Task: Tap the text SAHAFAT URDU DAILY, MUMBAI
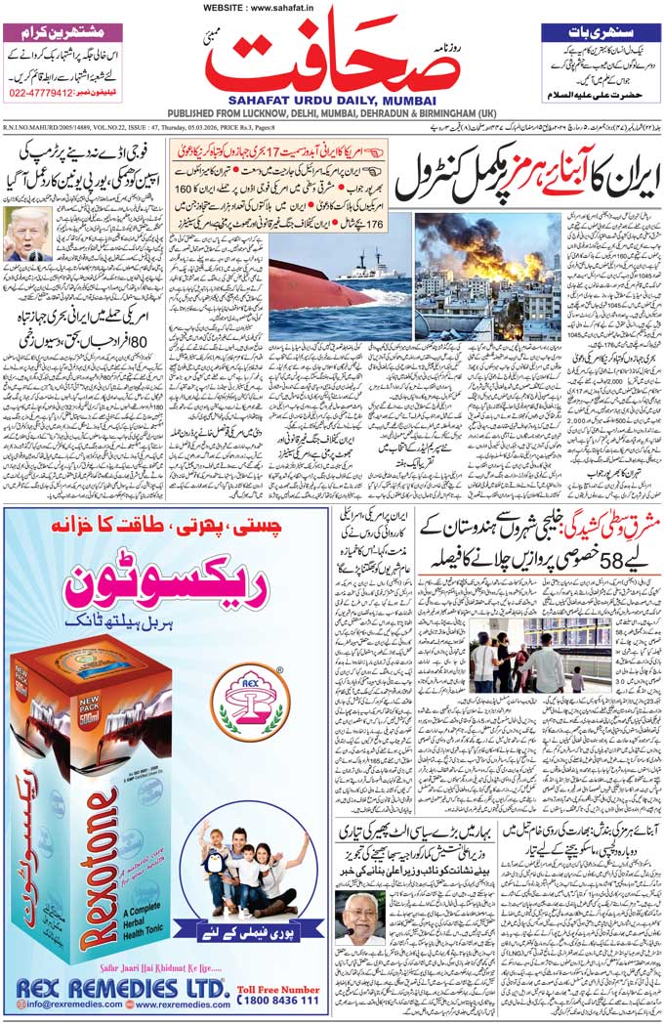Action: (x=333, y=99)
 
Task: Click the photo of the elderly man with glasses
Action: (x=359, y=919)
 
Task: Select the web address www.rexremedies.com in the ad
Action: (x=177, y=1004)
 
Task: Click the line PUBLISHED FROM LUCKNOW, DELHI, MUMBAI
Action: (x=332, y=112)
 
